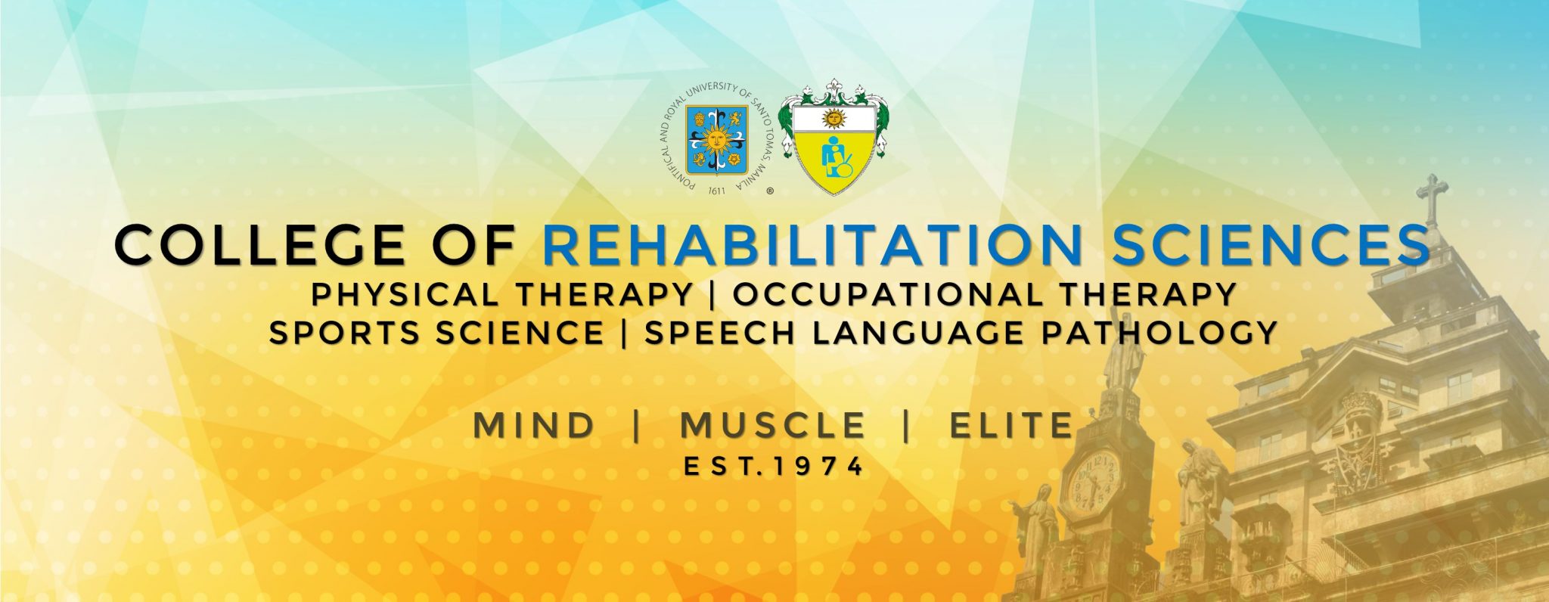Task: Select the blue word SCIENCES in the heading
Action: pos(1271,245)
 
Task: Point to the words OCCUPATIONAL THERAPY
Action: pos(985,294)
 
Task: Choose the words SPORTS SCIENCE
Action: pos(436,333)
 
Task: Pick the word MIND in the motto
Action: pos(534,425)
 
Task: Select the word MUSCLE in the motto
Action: pos(772,425)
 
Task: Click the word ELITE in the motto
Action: pos(1012,425)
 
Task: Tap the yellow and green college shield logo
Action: pos(833,137)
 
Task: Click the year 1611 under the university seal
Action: pos(716,191)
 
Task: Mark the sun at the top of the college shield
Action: pos(834,118)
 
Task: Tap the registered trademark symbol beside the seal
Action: pos(769,192)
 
